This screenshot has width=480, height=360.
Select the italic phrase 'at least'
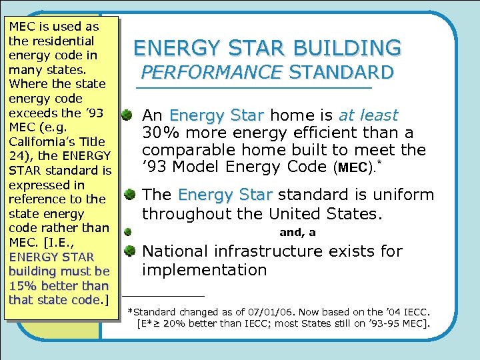pyautogui.click(x=369, y=115)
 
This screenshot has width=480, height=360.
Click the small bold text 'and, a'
pyautogui.click(x=297, y=233)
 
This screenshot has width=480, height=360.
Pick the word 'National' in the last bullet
pyautogui.click(x=175, y=251)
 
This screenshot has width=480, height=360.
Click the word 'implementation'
pyautogui.click(x=204, y=270)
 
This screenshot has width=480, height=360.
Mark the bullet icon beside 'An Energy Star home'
pyautogui.click(x=127, y=116)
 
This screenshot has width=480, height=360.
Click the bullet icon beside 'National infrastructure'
pyautogui.click(x=127, y=252)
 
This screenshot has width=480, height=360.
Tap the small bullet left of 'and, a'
pyautogui.click(x=127, y=232)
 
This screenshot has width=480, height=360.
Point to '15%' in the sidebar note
pyautogui.click(x=22, y=285)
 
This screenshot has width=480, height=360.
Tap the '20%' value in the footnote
pyautogui.click(x=179, y=324)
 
